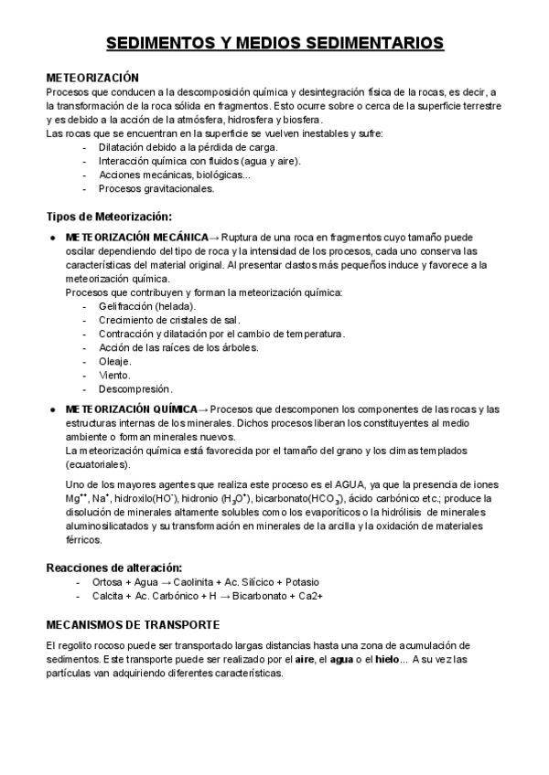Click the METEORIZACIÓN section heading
(x=92, y=79)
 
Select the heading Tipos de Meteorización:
(x=109, y=217)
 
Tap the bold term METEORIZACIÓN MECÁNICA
(x=135, y=237)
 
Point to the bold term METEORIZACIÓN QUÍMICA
(x=132, y=409)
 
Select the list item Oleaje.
(x=115, y=361)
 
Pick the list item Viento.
(x=114, y=375)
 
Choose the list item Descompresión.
(x=135, y=388)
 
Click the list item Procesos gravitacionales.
(x=156, y=189)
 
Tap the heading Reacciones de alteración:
(x=114, y=568)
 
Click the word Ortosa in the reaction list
(x=107, y=582)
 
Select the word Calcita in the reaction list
(x=108, y=596)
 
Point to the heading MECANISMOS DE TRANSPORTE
(x=133, y=625)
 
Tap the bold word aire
(x=307, y=659)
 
